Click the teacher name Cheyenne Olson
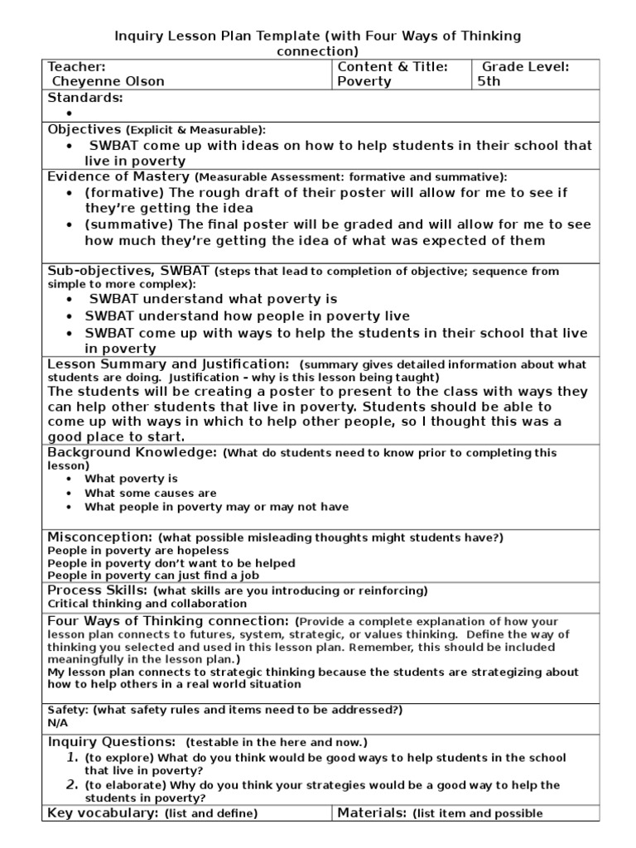(x=108, y=81)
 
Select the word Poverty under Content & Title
(x=364, y=81)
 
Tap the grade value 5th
(x=489, y=81)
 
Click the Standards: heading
(x=85, y=98)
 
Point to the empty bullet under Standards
(x=70, y=113)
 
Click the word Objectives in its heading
(x=84, y=129)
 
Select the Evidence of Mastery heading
(x=118, y=176)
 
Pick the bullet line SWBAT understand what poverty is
(x=214, y=299)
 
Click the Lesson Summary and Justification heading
(x=168, y=364)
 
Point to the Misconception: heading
(x=100, y=537)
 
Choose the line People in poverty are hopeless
(x=138, y=551)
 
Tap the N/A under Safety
(x=57, y=723)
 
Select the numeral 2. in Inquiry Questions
(x=72, y=784)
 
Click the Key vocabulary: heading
(x=104, y=812)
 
